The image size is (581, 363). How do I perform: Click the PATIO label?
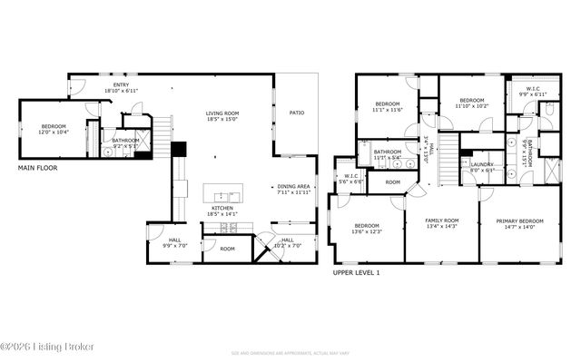click(x=297, y=113)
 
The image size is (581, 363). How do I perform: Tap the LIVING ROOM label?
click(x=222, y=113)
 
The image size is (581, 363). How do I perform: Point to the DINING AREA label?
click(x=293, y=189)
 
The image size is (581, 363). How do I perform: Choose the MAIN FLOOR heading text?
click(x=37, y=168)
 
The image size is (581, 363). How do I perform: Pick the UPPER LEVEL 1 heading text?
click(x=356, y=272)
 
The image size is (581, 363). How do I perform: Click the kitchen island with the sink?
click(x=222, y=195)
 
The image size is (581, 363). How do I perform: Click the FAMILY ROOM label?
click(x=444, y=222)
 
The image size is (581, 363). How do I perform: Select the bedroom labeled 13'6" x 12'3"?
click(x=367, y=228)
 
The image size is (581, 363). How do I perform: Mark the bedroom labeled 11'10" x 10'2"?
click(x=472, y=103)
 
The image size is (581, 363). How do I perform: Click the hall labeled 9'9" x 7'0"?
click(x=174, y=244)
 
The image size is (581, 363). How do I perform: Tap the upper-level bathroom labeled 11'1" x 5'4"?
click(x=388, y=154)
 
